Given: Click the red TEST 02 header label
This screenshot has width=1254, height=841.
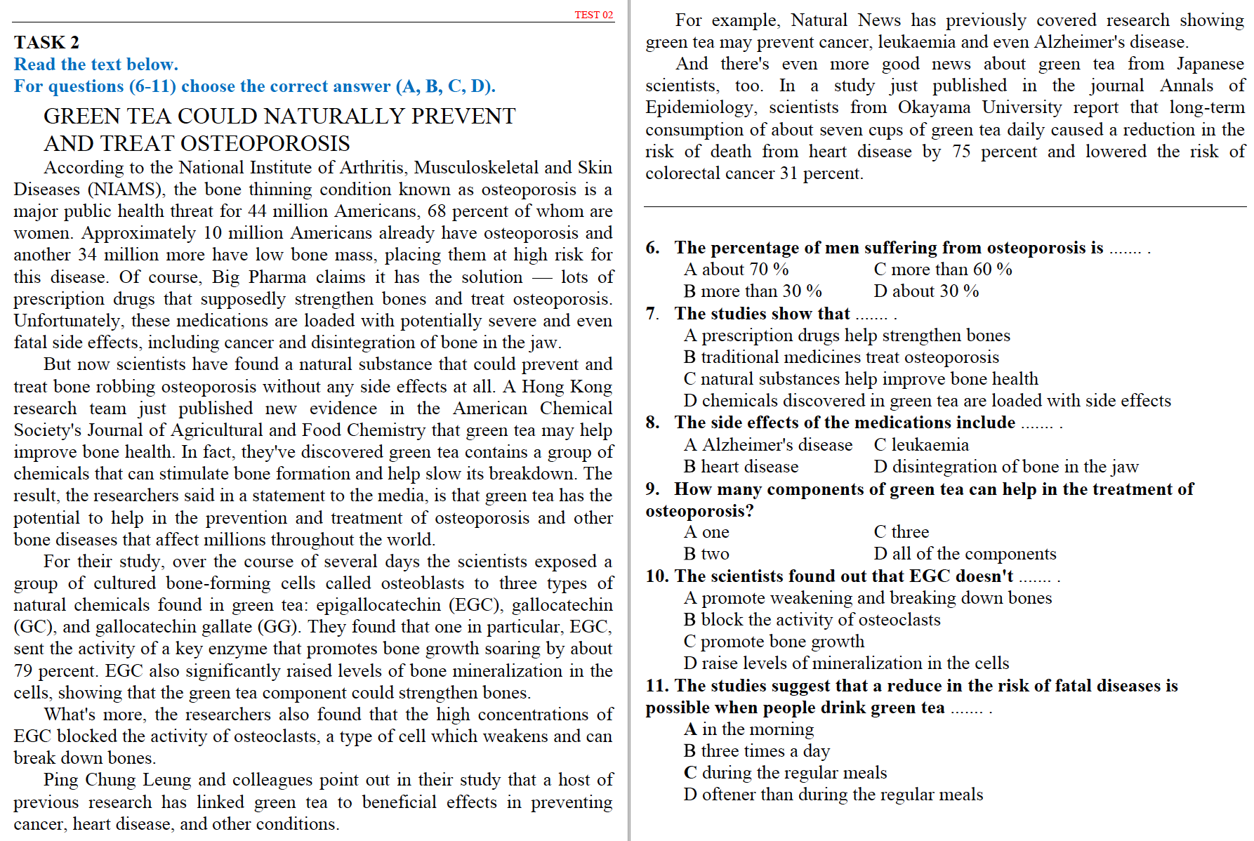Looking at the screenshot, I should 593,15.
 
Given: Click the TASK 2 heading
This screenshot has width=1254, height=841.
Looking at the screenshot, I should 46,42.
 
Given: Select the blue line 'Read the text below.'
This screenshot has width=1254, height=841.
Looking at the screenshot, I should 96,65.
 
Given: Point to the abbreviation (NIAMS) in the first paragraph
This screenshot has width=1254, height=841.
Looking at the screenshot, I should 126,190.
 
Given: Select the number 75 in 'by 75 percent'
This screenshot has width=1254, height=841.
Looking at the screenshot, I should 961,152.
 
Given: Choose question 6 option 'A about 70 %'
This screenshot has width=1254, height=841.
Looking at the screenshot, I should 736,270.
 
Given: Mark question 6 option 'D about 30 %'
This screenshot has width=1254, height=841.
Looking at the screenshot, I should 925,291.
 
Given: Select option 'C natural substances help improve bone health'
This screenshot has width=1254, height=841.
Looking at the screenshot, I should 860,379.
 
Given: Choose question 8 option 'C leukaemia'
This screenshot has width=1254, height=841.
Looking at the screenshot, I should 920,445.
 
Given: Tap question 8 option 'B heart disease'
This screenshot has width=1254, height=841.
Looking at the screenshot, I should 741,467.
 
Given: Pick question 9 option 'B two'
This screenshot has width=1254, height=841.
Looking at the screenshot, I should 706,554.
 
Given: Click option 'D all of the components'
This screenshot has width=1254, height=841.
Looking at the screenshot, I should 964,554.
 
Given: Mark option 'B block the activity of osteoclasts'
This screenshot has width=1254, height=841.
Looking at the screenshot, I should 812,620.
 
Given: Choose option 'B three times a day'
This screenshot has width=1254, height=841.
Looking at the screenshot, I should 756,751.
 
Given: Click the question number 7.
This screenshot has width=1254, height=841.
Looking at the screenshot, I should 652,314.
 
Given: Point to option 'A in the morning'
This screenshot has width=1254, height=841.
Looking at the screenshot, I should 748,729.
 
